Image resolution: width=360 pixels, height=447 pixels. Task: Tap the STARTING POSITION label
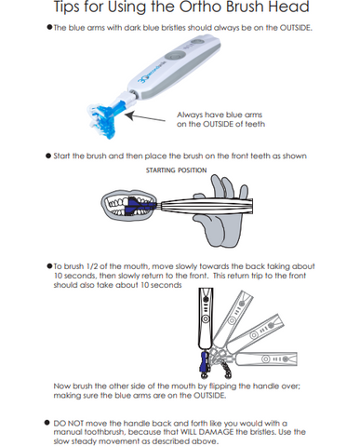point(176,170)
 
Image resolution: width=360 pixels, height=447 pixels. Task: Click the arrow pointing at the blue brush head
point(145,117)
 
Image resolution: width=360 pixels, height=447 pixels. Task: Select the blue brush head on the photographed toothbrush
point(104,119)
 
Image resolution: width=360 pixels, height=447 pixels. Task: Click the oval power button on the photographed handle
point(175,55)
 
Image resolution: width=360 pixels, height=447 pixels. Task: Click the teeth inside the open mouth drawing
point(119,206)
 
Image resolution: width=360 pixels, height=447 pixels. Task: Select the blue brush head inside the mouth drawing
point(138,206)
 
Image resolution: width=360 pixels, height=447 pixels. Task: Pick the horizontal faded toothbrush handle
point(266,359)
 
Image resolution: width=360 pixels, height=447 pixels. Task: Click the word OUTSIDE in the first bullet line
point(295,28)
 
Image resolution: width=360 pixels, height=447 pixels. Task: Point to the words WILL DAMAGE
point(207,432)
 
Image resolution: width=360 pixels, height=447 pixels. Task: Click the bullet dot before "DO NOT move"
point(47,423)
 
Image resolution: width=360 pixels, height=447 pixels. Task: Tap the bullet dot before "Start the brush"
point(48,156)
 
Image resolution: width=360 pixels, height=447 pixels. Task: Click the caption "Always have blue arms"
point(220,115)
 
